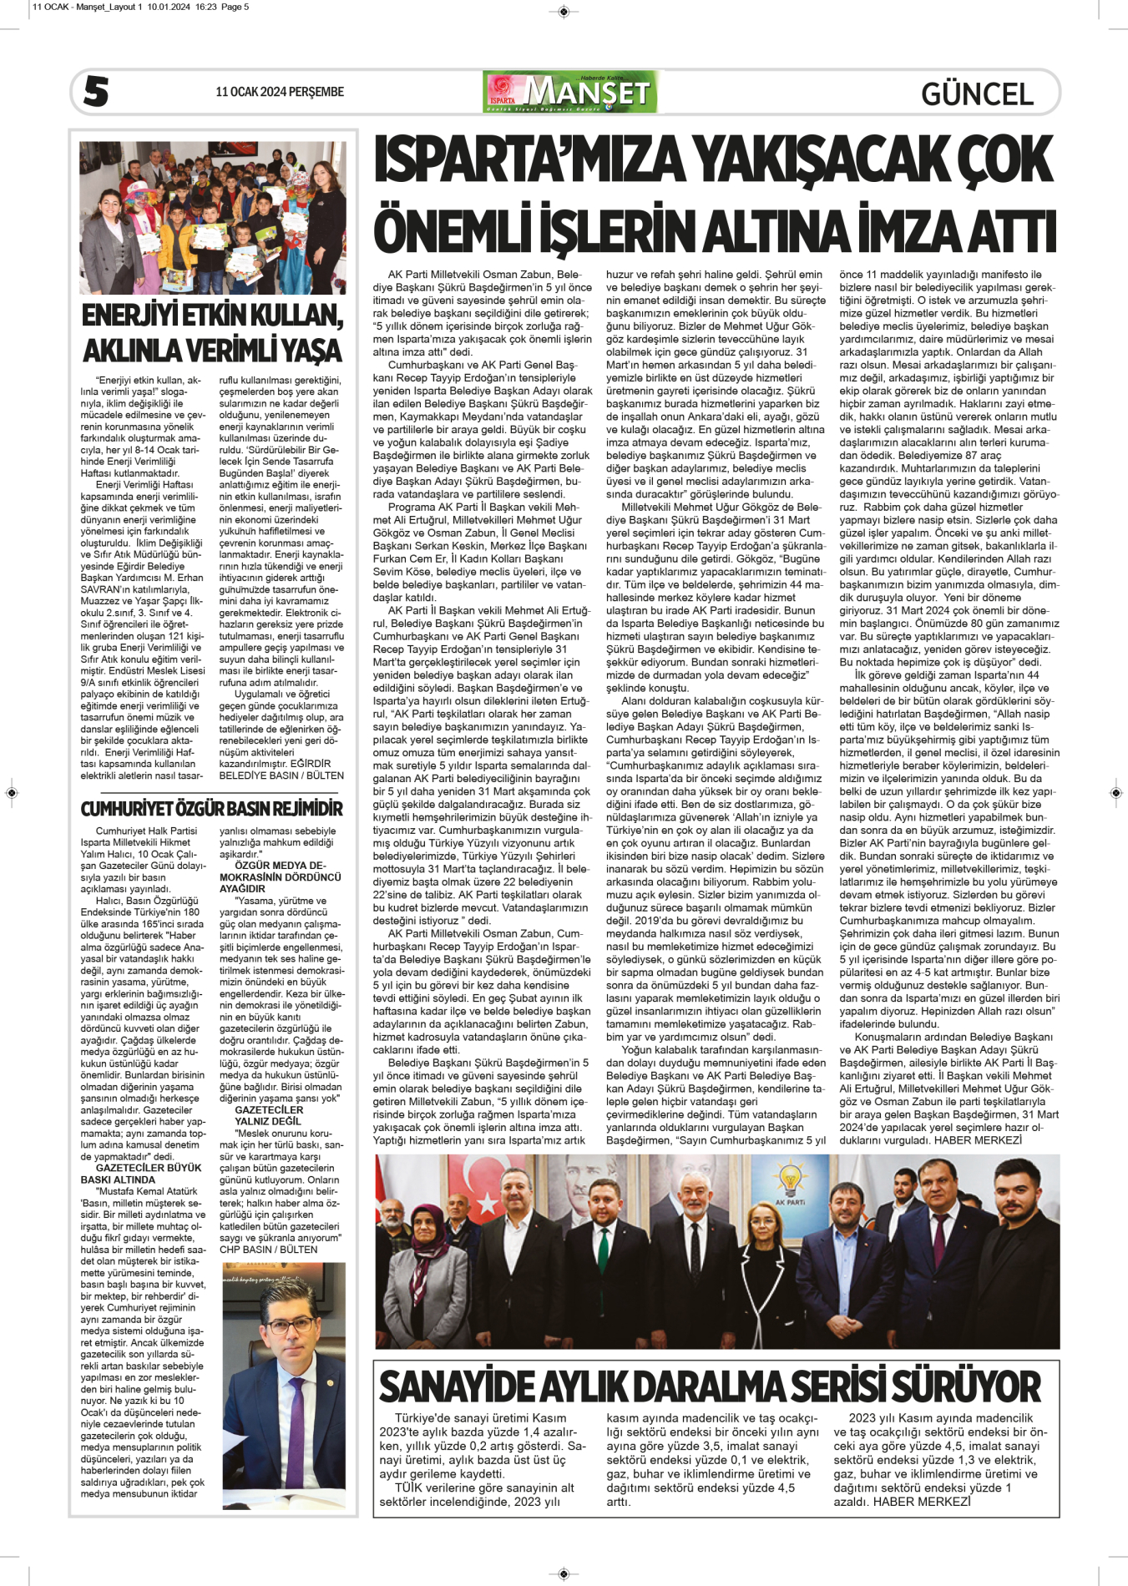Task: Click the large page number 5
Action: (x=96, y=92)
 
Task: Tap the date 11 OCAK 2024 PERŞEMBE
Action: (x=279, y=92)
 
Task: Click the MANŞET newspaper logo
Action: (x=570, y=92)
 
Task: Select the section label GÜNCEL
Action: (x=977, y=93)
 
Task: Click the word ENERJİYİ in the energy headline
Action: (x=130, y=316)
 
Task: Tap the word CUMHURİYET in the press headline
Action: (x=129, y=808)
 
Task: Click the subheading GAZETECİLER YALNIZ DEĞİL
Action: (x=269, y=1115)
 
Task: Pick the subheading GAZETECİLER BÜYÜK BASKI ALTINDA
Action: (x=141, y=1174)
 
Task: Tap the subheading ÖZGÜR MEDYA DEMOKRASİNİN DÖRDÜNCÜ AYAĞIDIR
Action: (x=281, y=877)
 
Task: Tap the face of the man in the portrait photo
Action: (x=286, y=1328)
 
